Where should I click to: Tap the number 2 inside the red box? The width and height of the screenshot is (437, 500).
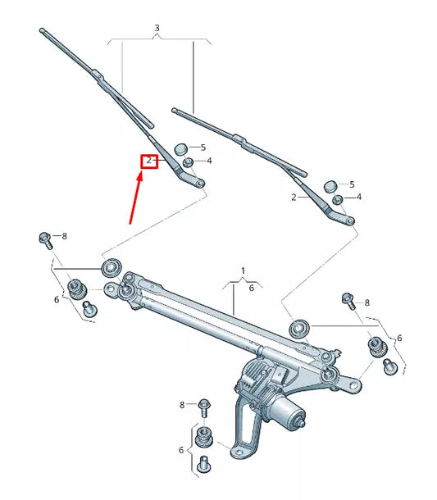[149, 161]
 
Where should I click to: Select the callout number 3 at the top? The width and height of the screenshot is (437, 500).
[157, 29]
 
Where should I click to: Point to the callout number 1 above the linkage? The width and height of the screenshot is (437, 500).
[243, 270]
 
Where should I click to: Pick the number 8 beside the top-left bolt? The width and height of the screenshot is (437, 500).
[65, 236]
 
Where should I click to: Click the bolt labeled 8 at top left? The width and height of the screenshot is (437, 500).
[45, 239]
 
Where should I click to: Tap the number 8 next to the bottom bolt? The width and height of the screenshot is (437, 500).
[182, 405]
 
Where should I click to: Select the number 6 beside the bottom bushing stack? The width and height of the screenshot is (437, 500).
[182, 450]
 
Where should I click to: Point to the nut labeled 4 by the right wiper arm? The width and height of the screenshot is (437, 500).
[337, 198]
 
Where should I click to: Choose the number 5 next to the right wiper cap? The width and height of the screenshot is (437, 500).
[352, 184]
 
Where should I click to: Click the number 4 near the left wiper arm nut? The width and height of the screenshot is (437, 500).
[209, 161]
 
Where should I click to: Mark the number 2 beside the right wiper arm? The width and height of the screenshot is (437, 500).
[294, 198]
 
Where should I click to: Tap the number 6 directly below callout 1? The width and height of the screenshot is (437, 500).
[251, 289]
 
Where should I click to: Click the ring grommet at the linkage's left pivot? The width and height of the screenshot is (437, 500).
[110, 266]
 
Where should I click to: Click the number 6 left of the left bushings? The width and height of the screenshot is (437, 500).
[57, 300]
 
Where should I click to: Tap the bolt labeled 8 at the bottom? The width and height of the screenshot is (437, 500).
[203, 405]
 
